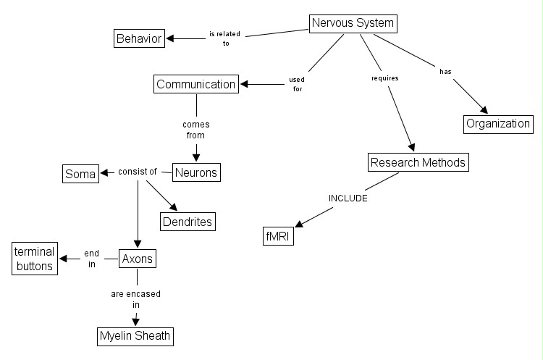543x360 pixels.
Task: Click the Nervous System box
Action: point(353,23)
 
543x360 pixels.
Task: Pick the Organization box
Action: point(498,123)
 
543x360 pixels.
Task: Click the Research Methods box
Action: point(418,162)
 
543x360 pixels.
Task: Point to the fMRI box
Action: point(279,236)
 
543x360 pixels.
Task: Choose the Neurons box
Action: point(196,172)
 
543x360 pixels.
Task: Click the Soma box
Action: point(80,174)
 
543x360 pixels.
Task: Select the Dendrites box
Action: point(188,221)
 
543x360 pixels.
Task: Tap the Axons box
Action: point(138,258)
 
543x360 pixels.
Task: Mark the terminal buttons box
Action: point(35,259)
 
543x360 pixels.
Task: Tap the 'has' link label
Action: point(445,71)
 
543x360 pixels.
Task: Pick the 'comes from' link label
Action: point(195,130)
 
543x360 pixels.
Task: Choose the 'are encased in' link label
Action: point(136,299)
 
